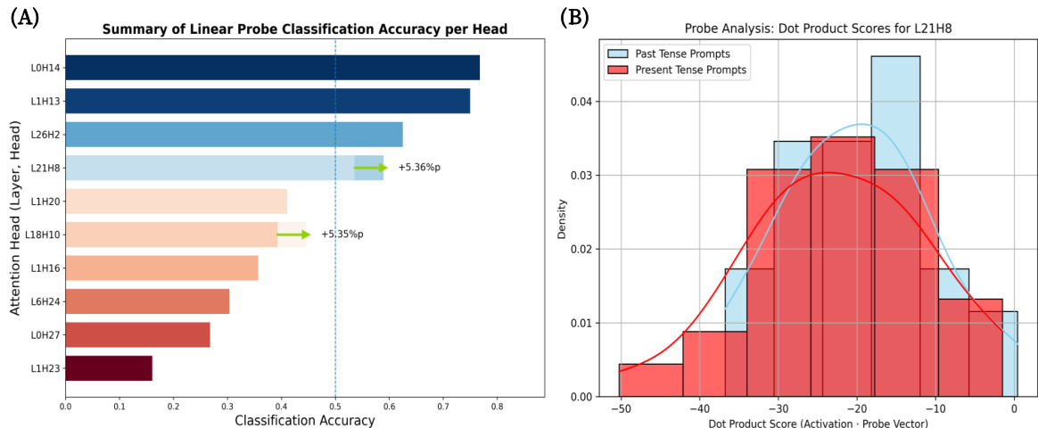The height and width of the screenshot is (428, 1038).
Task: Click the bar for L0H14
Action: point(272,68)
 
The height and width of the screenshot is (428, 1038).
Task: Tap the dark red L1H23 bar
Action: point(109,368)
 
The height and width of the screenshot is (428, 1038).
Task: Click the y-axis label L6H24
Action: point(45,301)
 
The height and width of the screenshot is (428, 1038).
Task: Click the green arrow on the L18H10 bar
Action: point(293,235)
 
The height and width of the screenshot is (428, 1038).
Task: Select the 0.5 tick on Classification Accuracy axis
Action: point(334,406)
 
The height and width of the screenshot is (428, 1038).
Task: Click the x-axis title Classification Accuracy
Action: point(304,419)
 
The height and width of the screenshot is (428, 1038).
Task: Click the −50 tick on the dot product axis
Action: point(619,410)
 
